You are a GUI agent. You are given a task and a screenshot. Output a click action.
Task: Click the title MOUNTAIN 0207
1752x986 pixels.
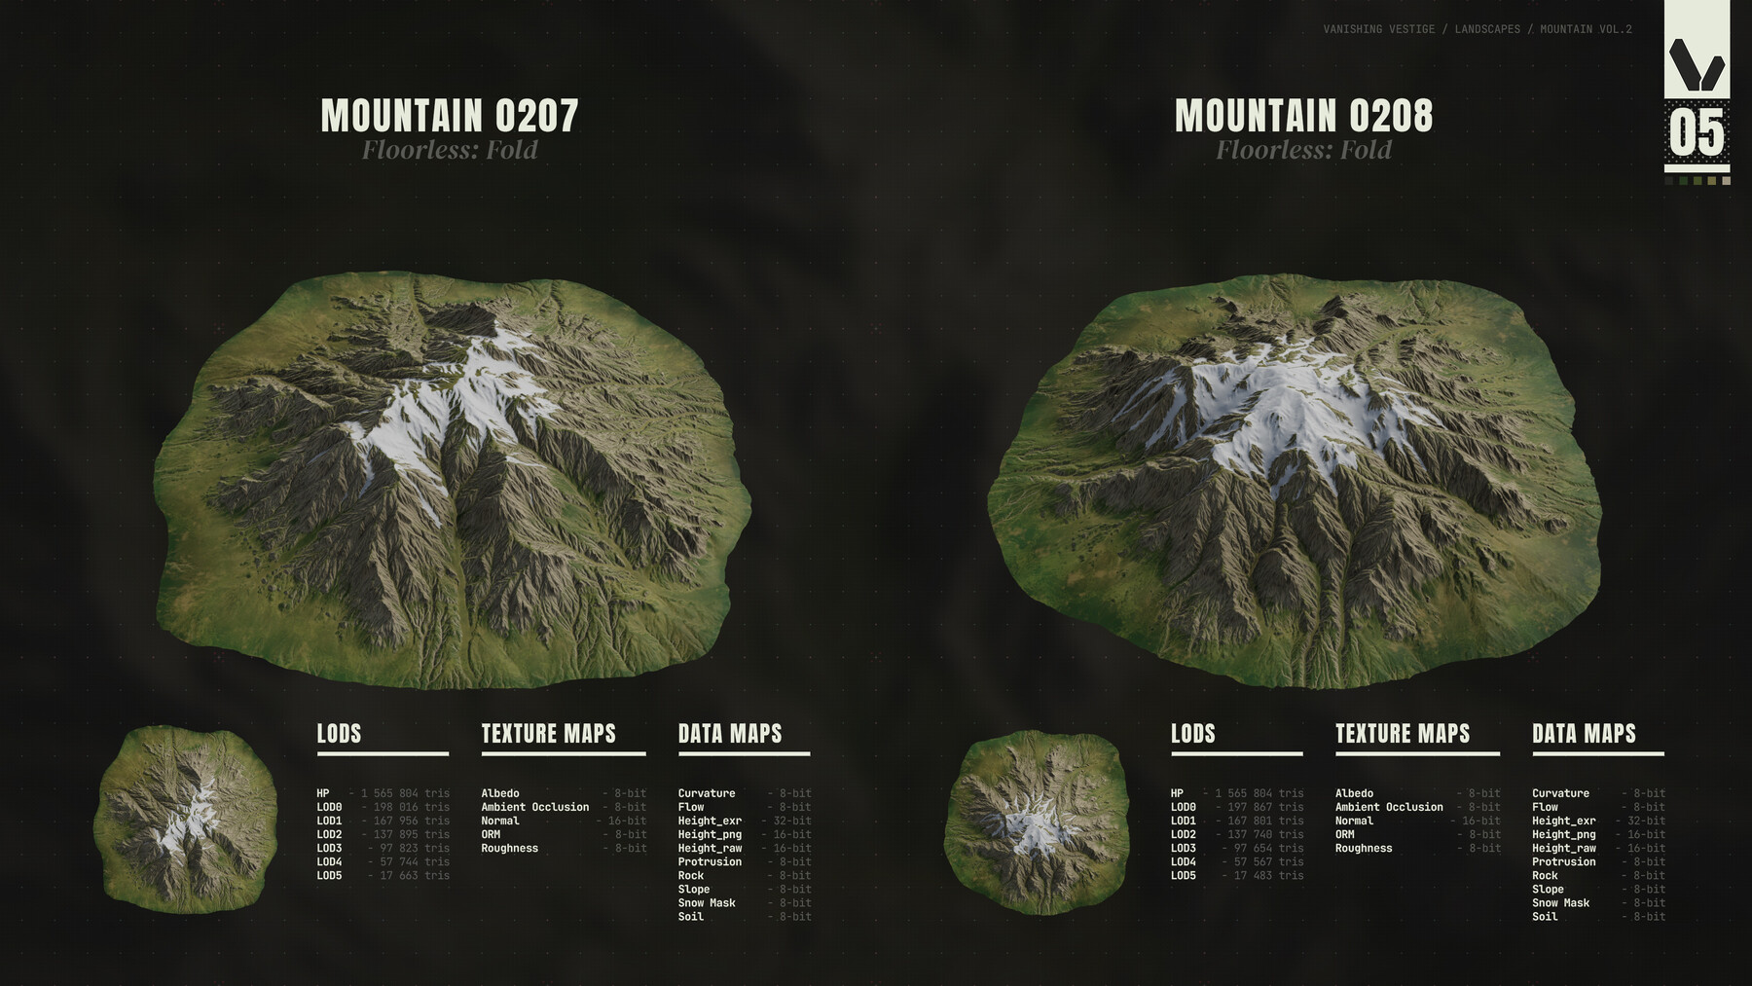click(x=450, y=116)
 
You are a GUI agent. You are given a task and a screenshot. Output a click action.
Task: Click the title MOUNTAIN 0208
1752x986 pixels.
click(x=1303, y=116)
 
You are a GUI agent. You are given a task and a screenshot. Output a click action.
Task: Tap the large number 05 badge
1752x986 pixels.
click(x=1697, y=133)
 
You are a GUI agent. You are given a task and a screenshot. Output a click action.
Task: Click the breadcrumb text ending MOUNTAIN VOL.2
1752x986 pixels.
click(x=1477, y=29)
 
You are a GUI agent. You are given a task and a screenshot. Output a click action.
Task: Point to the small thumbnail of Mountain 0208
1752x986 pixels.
click(x=1037, y=823)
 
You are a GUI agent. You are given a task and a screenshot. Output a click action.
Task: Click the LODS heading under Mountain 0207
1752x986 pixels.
click(x=339, y=734)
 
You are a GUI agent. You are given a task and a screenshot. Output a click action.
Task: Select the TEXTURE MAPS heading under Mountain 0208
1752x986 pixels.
click(x=1402, y=734)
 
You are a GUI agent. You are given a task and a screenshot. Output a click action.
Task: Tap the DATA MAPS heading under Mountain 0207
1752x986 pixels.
click(x=730, y=734)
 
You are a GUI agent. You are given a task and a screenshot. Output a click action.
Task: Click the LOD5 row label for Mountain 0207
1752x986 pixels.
click(x=329, y=876)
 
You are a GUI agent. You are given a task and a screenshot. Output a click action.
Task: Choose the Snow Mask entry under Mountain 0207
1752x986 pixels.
click(x=707, y=903)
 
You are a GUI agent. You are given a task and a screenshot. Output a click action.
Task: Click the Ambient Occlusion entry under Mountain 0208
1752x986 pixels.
click(x=1389, y=808)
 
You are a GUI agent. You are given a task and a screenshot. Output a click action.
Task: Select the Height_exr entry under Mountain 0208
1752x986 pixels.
click(x=1563, y=822)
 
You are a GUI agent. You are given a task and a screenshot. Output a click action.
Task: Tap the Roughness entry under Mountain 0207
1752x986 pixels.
click(x=509, y=849)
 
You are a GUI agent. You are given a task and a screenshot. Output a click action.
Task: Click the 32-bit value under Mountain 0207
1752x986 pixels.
click(x=792, y=822)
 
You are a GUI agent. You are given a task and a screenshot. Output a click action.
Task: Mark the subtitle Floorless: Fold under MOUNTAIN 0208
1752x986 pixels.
click(x=1303, y=150)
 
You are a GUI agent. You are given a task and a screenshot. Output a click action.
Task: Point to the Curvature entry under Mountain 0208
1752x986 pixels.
click(x=1560, y=794)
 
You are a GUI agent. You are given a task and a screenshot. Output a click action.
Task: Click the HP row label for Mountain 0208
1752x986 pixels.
click(x=1177, y=794)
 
